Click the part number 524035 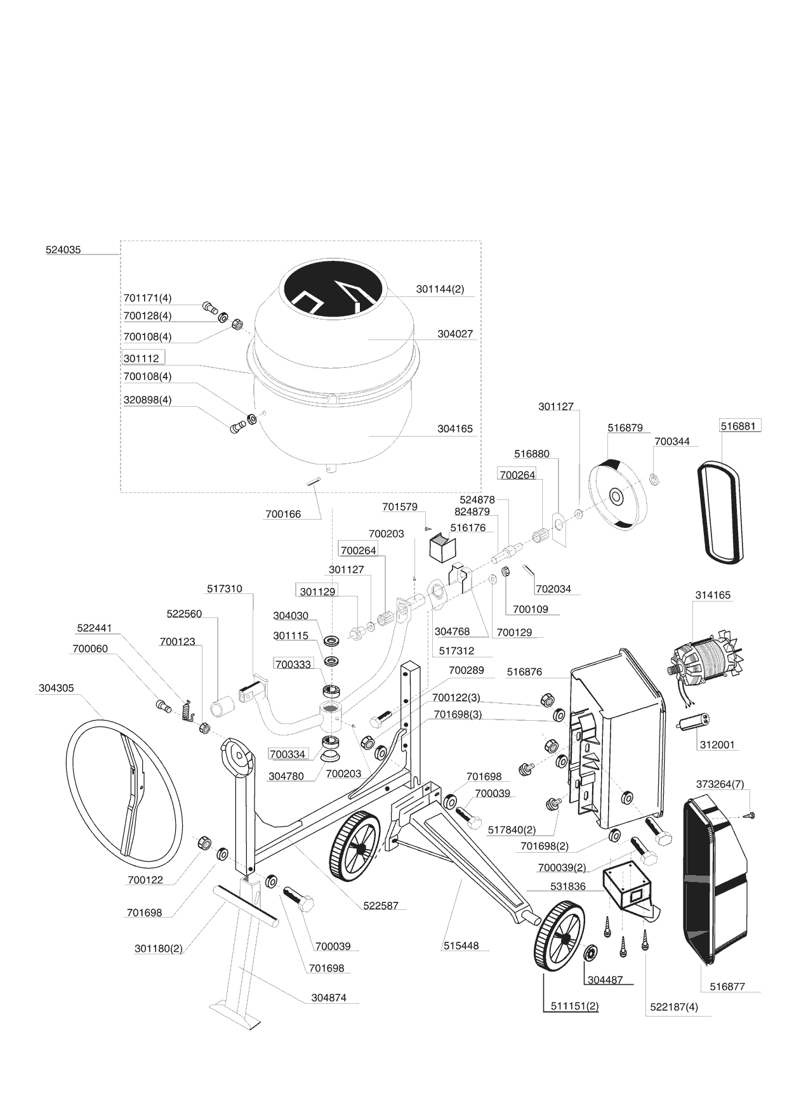(63, 250)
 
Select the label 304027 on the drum (455, 334)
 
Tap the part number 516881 (738, 426)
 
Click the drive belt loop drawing (720, 512)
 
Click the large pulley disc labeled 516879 (615, 494)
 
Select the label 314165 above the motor (713, 595)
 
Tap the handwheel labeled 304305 (124, 793)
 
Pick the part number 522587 (381, 906)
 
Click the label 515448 (461, 945)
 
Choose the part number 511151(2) (574, 1006)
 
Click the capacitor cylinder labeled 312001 (695, 722)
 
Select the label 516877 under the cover (727, 987)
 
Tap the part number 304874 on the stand (329, 998)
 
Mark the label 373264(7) (720, 784)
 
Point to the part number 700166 (283, 514)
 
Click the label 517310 (225, 589)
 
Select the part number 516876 (524, 672)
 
